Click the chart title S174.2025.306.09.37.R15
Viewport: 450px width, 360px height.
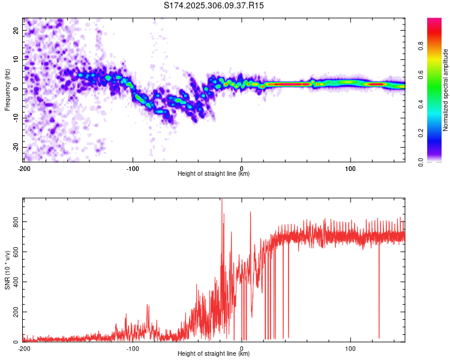pos(214,5)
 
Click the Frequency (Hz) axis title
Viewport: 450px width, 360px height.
pos(7,90)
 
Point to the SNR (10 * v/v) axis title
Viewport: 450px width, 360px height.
pos(7,270)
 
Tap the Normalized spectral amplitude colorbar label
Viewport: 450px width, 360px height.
pos(445,90)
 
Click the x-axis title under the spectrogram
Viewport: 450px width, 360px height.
pos(214,173)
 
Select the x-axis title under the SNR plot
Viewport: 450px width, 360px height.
pos(214,353)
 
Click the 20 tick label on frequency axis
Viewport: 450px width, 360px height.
pos(16,30)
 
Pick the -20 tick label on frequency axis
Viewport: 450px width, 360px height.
pos(16,147)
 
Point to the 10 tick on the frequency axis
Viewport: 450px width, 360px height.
pos(16,59)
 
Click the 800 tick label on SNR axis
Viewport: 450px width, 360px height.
pos(16,221)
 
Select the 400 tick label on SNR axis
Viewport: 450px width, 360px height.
pos(16,281)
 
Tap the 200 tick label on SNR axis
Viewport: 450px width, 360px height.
pos(16,312)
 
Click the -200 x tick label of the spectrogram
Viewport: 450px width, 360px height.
pos(24,169)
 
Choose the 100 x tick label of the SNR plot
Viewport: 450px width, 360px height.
pos(350,349)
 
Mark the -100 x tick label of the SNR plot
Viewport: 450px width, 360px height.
pos(133,349)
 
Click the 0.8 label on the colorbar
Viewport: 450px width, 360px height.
pos(421,46)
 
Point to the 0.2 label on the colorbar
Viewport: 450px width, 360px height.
pos(421,133)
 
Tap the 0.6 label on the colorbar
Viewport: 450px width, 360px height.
pos(421,75)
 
